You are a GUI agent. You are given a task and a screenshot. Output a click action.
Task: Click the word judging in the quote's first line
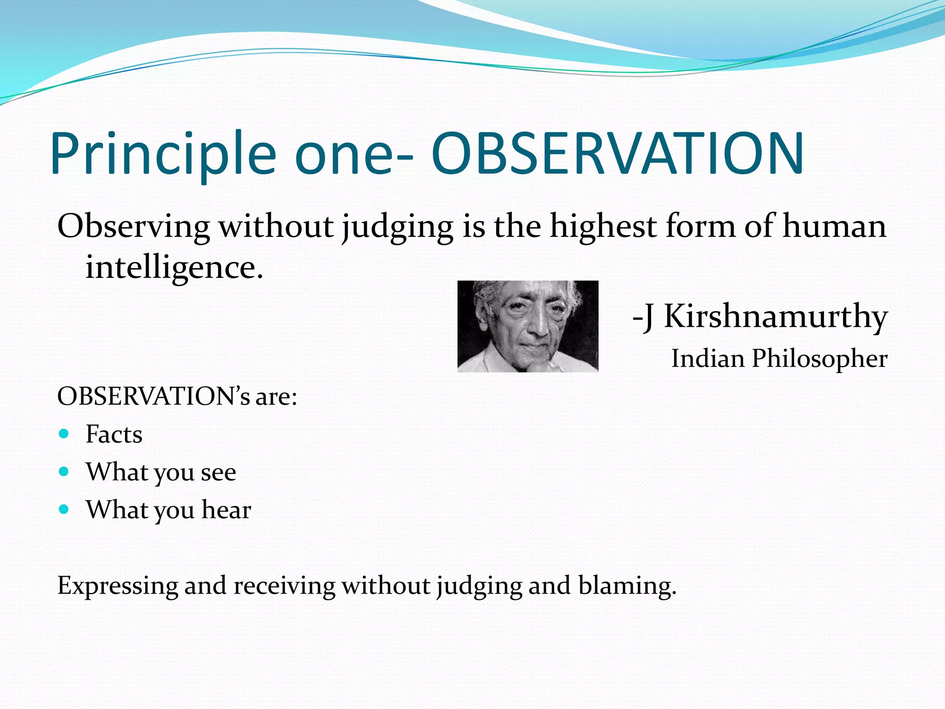397,228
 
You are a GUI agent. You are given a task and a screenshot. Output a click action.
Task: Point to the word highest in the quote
603,227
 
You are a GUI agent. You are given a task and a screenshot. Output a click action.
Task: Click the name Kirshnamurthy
775,317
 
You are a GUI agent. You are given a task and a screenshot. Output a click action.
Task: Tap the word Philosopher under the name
819,359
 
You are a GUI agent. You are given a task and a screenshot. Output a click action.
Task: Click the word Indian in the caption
708,358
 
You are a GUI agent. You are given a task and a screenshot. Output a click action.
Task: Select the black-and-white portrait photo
527,326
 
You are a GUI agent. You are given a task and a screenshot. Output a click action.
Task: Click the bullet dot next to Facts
64,433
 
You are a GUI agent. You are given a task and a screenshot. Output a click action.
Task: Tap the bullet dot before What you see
64,471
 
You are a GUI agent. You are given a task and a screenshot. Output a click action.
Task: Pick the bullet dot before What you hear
64,509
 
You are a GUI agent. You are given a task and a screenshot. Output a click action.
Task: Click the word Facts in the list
114,434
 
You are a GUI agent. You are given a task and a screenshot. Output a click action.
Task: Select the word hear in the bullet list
226,510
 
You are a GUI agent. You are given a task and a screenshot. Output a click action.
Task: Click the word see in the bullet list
218,473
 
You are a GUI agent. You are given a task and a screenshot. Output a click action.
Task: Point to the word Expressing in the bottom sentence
117,586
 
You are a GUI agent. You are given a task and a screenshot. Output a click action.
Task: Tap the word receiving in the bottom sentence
284,586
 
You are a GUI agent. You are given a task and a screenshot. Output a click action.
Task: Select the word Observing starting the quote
133,227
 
